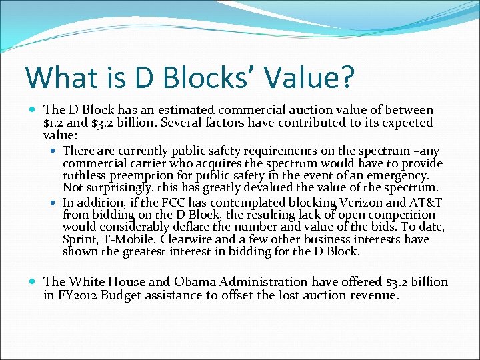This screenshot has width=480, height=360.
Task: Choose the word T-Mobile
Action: point(129,239)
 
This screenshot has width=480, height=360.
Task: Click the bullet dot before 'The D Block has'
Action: point(34,110)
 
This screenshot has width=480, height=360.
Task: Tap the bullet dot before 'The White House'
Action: point(34,283)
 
